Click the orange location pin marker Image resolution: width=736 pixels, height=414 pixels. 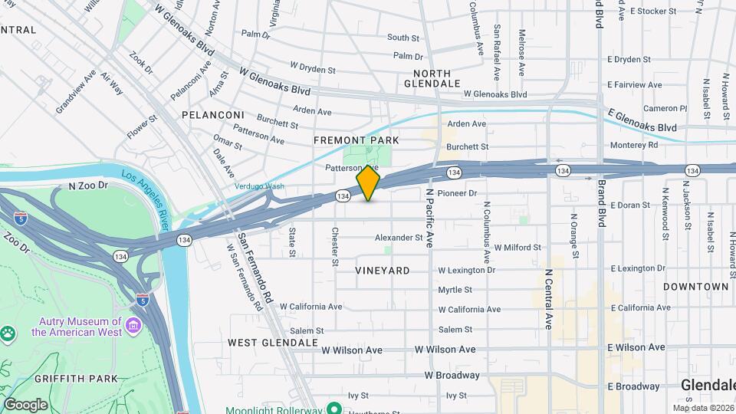click(x=368, y=184)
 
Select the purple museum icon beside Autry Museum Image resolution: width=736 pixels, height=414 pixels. click(x=133, y=327)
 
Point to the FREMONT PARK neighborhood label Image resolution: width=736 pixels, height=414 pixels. click(x=356, y=141)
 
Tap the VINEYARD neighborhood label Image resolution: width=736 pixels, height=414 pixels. click(x=382, y=271)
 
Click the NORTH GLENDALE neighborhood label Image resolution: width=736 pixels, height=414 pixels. click(x=432, y=77)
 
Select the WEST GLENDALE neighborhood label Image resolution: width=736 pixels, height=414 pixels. click(x=272, y=343)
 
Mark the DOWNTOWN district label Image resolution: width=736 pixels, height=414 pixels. click(x=695, y=286)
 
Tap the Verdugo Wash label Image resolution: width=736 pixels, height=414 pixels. click(x=259, y=186)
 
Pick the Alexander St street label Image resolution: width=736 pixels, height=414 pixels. click(x=398, y=238)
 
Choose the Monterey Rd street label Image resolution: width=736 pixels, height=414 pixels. click(x=633, y=145)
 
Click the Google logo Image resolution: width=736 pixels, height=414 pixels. click(x=25, y=405)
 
